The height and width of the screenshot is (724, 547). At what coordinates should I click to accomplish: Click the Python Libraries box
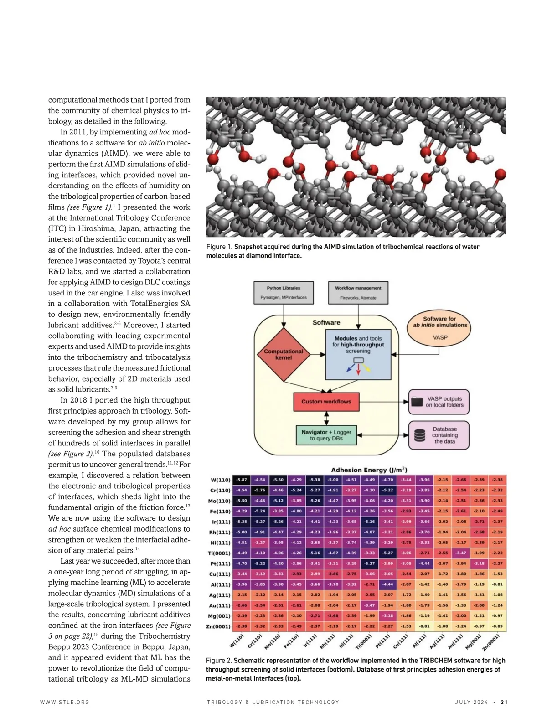[284, 293]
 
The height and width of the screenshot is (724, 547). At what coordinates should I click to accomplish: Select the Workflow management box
[358, 293]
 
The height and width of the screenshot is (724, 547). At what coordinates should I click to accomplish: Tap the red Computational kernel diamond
[284, 354]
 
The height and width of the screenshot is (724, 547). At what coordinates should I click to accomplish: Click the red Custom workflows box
[326, 402]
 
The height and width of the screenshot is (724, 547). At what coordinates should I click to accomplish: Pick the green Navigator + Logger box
[326, 435]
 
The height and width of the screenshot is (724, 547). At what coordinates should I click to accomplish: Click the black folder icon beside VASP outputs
[417, 402]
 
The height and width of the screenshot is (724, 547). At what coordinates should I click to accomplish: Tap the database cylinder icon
[420, 435]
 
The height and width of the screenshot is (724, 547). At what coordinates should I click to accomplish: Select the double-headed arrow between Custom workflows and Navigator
[326, 418]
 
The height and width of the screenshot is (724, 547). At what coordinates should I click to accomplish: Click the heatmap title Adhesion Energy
[369, 470]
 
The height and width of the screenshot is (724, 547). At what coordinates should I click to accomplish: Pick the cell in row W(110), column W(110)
[242, 480]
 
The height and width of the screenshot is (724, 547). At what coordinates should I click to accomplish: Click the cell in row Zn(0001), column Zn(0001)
[497, 626]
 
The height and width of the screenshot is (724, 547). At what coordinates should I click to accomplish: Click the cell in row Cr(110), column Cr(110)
[260, 490]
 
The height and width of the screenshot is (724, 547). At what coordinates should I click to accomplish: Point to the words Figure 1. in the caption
[219, 247]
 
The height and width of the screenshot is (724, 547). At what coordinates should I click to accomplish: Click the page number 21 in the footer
[504, 702]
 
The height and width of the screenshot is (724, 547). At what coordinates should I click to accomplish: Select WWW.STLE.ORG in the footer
[65, 702]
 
